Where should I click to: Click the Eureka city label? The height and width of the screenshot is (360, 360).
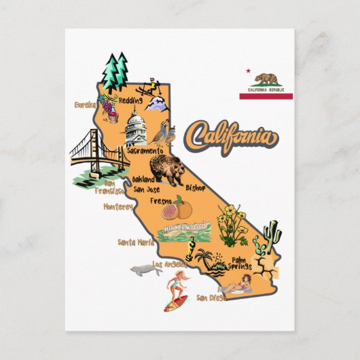pos(85,105)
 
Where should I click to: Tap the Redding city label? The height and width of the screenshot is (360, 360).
pos(130,98)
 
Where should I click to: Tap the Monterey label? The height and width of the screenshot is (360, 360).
pos(118,206)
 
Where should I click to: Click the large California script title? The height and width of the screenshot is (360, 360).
pos(232,137)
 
